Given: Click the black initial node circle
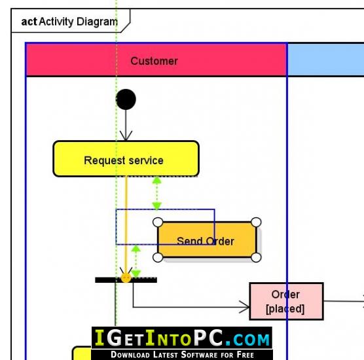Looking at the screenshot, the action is (x=126, y=99).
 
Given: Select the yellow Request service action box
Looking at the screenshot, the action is (x=126, y=159).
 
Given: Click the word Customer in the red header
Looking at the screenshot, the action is (x=154, y=61).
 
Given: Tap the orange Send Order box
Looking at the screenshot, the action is (x=207, y=240).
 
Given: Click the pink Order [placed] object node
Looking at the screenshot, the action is (x=286, y=301).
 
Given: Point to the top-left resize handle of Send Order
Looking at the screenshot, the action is (x=158, y=222).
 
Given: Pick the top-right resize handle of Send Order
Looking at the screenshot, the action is (x=256, y=222).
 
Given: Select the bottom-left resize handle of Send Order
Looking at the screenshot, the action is (x=158, y=257).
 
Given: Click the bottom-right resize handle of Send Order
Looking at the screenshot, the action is (x=256, y=257).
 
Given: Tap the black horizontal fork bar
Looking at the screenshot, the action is (x=126, y=280).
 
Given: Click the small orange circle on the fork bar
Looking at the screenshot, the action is (x=126, y=278).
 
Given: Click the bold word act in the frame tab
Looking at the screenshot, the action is (x=29, y=22).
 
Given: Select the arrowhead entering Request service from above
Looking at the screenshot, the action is (x=126, y=135).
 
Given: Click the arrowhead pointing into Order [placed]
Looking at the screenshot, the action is (x=244, y=307).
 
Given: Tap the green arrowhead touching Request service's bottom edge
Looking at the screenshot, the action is (x=157, y=180).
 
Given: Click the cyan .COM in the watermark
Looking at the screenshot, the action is (x=247, y=339).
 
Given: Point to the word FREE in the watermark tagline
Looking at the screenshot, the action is (x=246, y=355).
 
